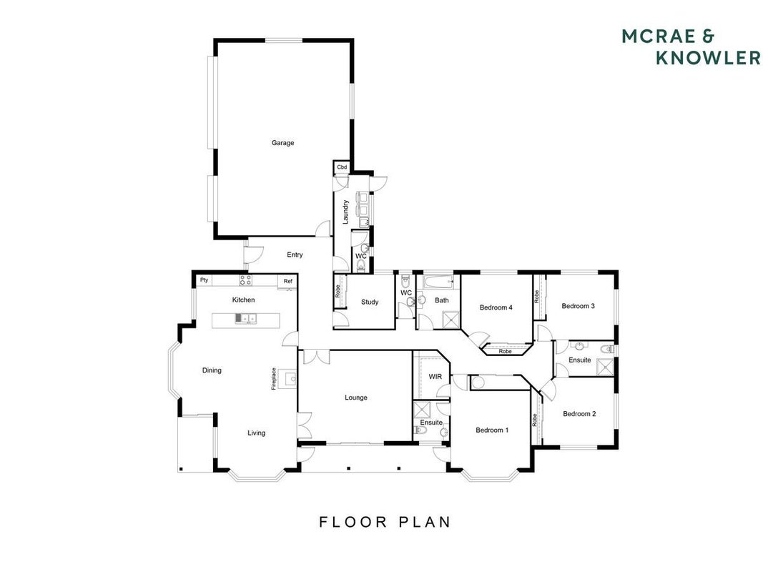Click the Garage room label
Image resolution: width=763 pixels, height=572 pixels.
[x=282, y=143]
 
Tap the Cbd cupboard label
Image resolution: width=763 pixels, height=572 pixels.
[x=342, y=167]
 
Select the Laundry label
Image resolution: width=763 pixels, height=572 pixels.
[x=345, y=212]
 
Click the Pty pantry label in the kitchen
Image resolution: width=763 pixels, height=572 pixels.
[x=205, y=280]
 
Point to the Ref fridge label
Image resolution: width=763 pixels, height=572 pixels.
[x=288, y=281]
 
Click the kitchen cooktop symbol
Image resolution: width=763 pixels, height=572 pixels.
[x=245, y=280]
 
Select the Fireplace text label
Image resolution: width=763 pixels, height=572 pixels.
[x=274, y=378]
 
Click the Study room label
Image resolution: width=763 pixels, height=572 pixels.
[x=370, y=302]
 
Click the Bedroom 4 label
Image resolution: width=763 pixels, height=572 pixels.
[x=496, y=307]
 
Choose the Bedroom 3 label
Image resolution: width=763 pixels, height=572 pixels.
[x=578, y=306]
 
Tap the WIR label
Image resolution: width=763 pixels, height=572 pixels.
[x=435, y=377]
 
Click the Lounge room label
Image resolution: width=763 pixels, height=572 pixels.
[x=355, y=398]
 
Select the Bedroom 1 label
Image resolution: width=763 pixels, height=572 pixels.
[x=492, y=430]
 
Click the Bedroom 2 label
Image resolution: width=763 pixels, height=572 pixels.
[x=579, y=414]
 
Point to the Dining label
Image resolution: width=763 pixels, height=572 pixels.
[x=212, y=370]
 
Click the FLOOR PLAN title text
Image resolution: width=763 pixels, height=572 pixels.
[x=385, y=522]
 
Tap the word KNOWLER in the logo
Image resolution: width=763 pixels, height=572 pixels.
[x=708, y=57]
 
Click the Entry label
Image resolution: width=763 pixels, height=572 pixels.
[x=295, y=255]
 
